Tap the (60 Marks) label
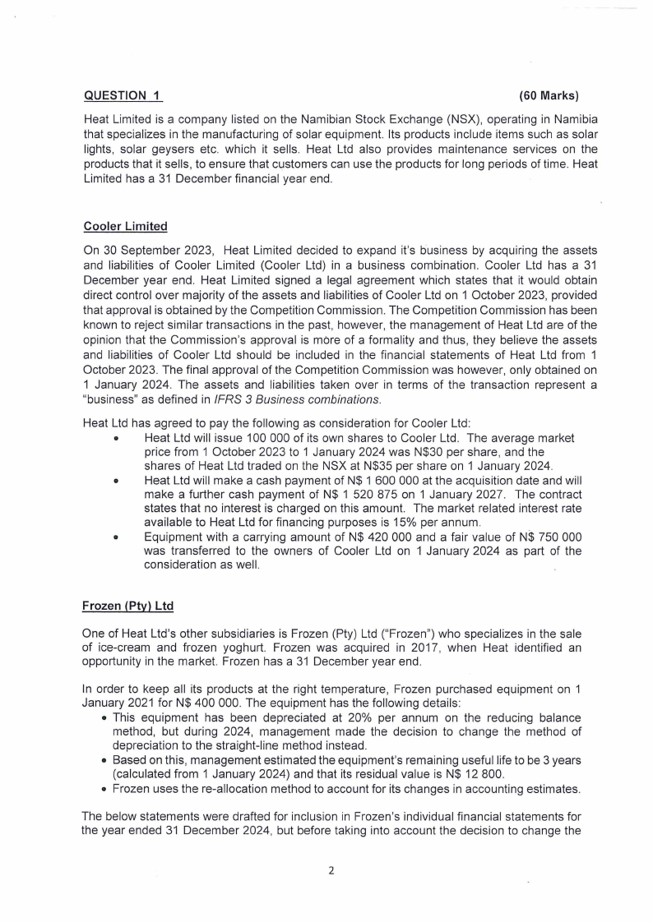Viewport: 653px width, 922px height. pyautogui.click(x=551, y=98)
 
